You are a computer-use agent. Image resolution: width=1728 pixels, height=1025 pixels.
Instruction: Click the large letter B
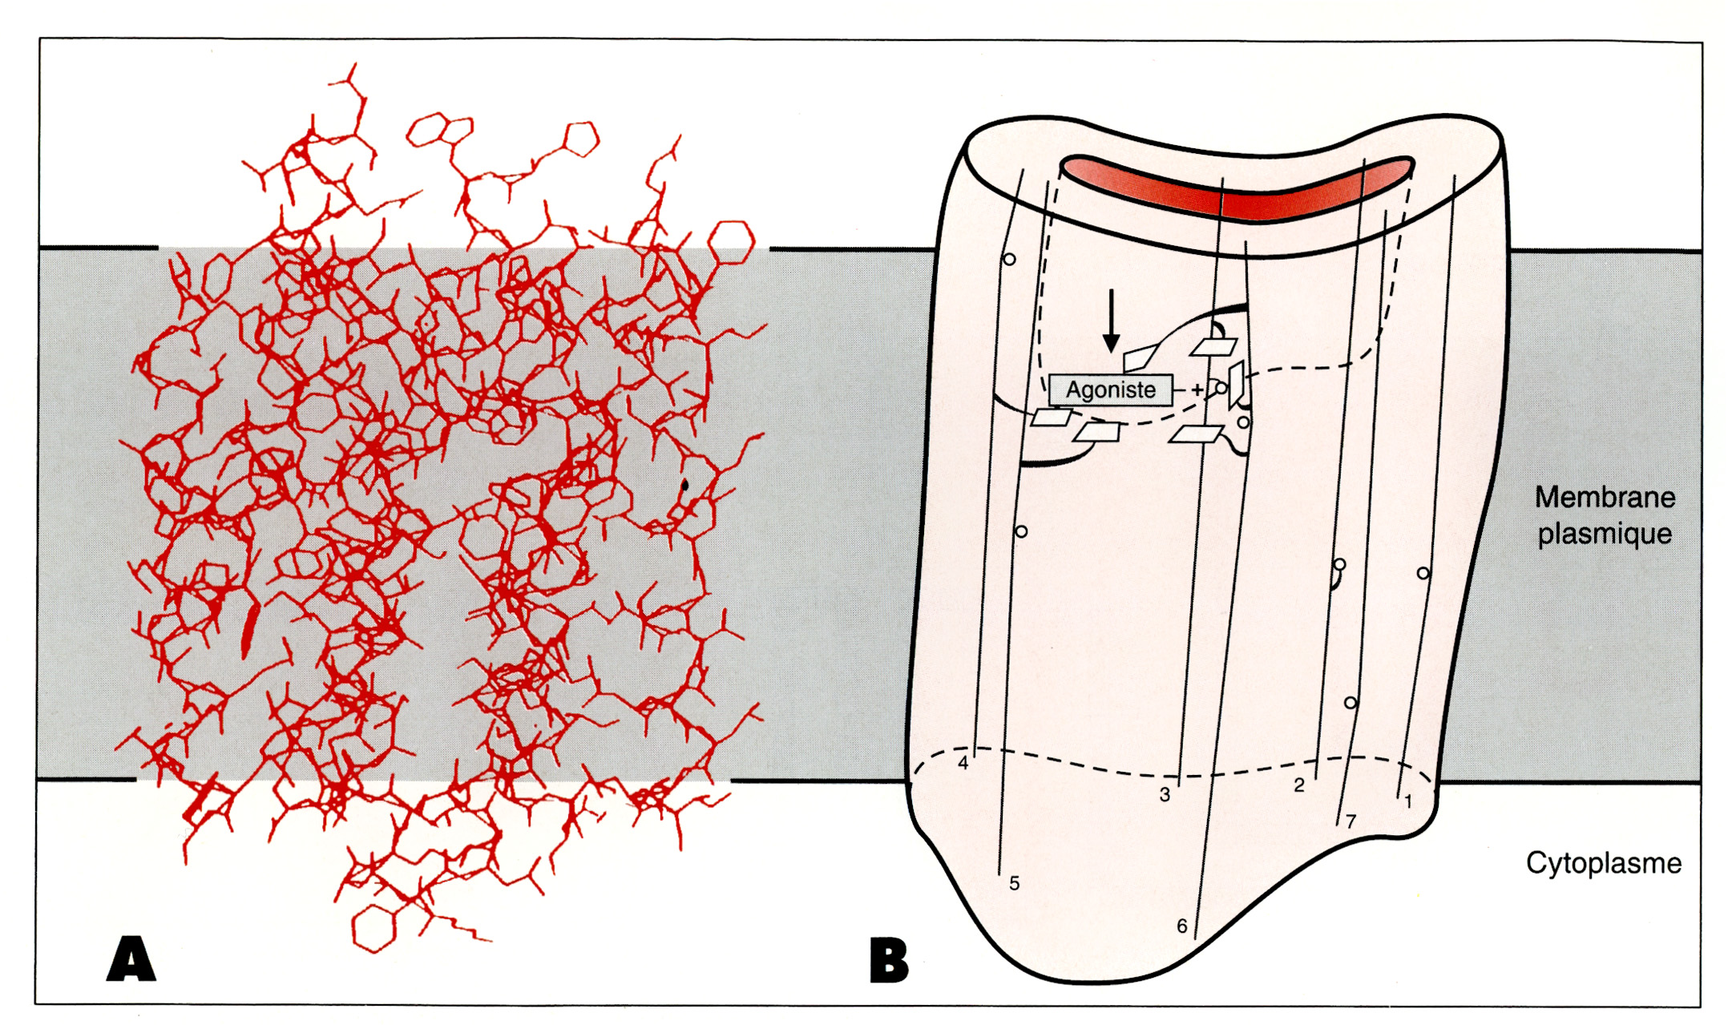[889, 961]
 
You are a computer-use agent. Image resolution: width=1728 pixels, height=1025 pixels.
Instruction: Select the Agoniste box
[1110, 390]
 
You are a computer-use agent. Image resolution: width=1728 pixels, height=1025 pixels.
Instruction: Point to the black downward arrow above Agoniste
[1111, 321]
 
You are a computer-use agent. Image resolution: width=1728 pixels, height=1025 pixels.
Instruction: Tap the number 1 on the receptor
[1408, 801]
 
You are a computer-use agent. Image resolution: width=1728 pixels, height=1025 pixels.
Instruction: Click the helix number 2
[1299, 785]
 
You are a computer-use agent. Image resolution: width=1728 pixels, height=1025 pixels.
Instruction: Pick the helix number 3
[1165, 795]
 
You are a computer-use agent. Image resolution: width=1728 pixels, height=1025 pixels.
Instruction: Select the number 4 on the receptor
[963, 763]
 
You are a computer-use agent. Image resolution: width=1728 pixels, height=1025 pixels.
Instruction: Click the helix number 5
[1014, 883]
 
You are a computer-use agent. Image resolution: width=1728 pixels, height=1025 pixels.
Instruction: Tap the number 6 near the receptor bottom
[1181, 926]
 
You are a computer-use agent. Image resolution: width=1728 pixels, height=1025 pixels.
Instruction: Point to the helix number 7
[1351, 821]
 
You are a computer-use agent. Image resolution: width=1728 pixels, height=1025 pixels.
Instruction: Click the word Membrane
[1605, 498]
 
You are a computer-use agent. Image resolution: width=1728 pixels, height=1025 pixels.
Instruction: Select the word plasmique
[1605, 534]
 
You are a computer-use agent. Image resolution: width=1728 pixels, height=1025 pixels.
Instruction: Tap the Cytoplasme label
[1603, 863]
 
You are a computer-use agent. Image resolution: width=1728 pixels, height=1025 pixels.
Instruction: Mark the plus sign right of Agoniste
[1197, 390]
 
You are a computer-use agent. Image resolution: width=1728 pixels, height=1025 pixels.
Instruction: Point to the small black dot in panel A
[684, 484]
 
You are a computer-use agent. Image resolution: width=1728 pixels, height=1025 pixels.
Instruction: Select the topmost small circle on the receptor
[1010, 260]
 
